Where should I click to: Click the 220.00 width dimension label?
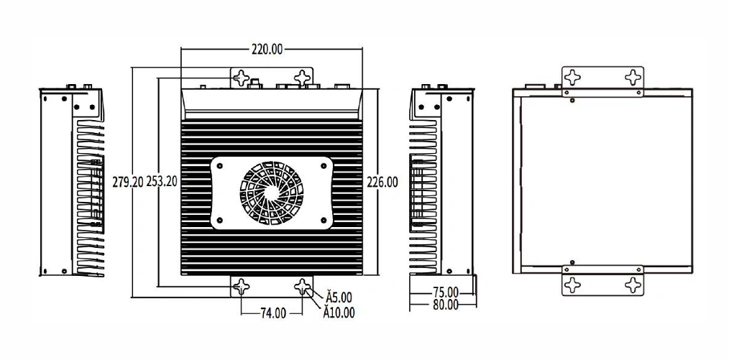pos(267,50)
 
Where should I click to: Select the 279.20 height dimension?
pos(128,182)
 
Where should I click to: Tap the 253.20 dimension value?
pos(162,182)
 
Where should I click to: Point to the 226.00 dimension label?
pos(382,182)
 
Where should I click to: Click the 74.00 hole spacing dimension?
pos(273,313)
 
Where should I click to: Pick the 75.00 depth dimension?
pos(446,292)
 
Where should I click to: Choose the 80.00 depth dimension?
pos(446,305)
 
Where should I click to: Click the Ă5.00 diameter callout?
pos(339,297)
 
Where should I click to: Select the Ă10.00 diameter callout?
pos(339,313)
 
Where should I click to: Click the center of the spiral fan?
pos(272,193)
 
